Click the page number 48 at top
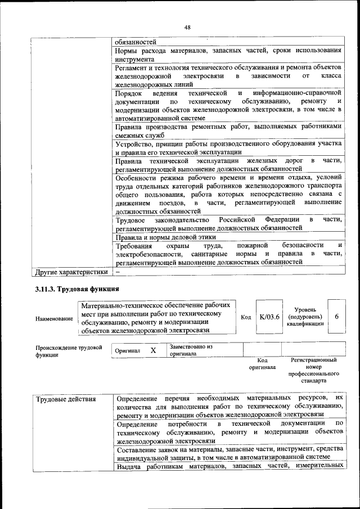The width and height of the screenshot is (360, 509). click(187, 26)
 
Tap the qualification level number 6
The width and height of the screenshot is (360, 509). click(336, 317)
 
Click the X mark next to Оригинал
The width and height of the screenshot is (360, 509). click(153, 350)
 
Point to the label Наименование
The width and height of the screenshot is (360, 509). click(55, 318)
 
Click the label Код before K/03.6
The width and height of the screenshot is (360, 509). click(246, 317)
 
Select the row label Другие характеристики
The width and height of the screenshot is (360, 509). click(71, 273)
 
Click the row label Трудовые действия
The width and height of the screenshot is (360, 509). click(66, 399)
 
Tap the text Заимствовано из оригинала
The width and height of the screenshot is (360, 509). click(191, 350)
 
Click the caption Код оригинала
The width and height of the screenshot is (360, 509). click(262, 363)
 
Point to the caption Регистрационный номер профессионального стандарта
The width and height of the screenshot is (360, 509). click(313, 370)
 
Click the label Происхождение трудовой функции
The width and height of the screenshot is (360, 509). click(69, 351)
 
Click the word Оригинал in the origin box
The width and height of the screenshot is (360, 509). click(127, 350)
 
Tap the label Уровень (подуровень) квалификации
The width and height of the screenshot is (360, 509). click(305, 317)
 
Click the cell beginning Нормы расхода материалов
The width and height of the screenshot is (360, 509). click(228, 54)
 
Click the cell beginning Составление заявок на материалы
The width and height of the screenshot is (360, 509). click(228, 453)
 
